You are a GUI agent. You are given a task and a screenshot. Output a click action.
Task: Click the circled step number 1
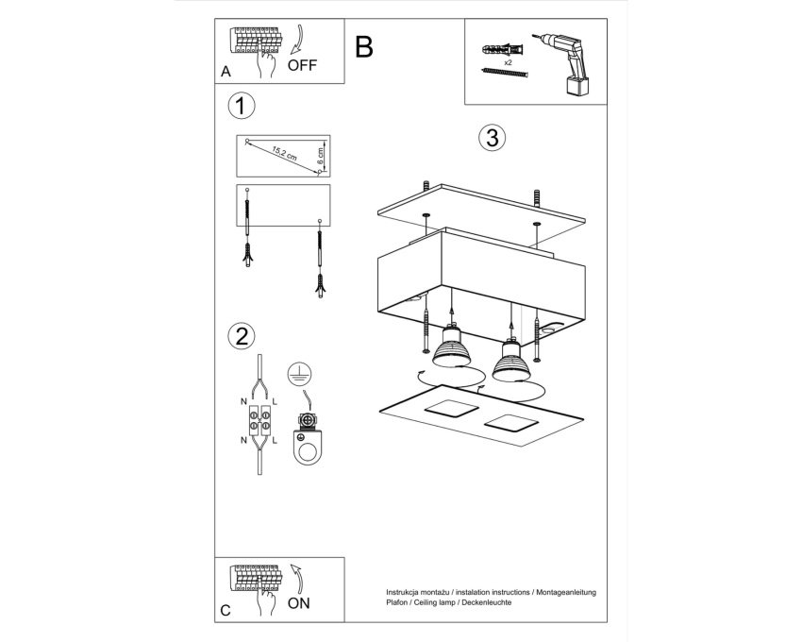pyautogui.click(x=241, y=107)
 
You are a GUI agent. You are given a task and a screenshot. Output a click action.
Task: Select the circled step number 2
pyautogui.click(x=241, y=336)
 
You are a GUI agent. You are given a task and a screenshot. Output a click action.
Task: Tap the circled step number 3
pyautogui.click(x=492, y=138)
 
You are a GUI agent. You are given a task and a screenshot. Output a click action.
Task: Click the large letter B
pyautogui.click(x=363, y=47)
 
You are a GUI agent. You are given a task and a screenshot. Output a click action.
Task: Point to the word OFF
pyautogui.click(x=302, y=65)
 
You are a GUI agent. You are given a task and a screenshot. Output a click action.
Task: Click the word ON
pyautogui.click(x=299, y=603)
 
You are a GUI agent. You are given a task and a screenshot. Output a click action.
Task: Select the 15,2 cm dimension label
pyautogui.click(x=284, y=154)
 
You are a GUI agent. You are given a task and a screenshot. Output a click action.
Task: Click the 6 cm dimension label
pyautogui.click(x=320, y=156)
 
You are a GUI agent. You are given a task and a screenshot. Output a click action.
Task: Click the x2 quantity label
pyautogui.click(x=508, y=62)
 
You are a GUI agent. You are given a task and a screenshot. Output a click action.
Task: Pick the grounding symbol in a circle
pyautogui.click(x=299, y=375)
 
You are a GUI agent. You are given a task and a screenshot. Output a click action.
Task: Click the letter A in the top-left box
pyautogui.click(x=226, y=72)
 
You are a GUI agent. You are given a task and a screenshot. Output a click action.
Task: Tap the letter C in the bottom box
pyautogui.click(x=226, y=610)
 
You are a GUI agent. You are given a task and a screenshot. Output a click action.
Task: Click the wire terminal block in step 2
pyautogui.click(x=259, y=420)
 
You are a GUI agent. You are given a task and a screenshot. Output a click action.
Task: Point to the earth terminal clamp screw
pyautogui.click(x=307, y=420)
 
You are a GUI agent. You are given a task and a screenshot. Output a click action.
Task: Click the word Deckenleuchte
pyautogui.click(x=487, y=602)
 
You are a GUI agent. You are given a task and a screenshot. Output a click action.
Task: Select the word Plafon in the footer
pyautogui.click(x=396, y=602)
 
